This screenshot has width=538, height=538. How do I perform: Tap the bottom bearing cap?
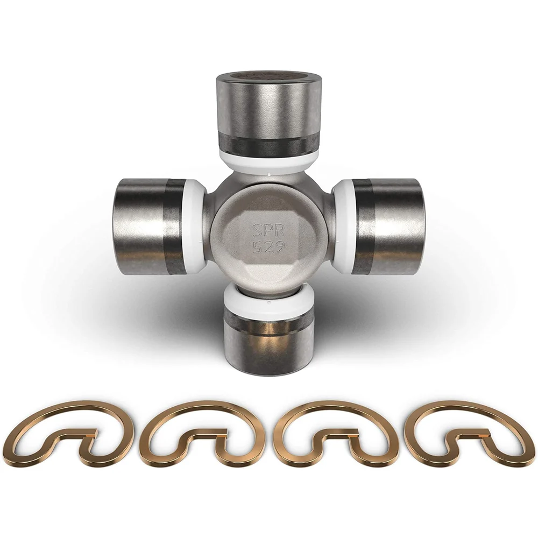[269, 343]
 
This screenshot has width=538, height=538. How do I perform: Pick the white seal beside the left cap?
[194, 227]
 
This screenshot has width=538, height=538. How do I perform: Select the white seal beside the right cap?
[344, 227]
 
